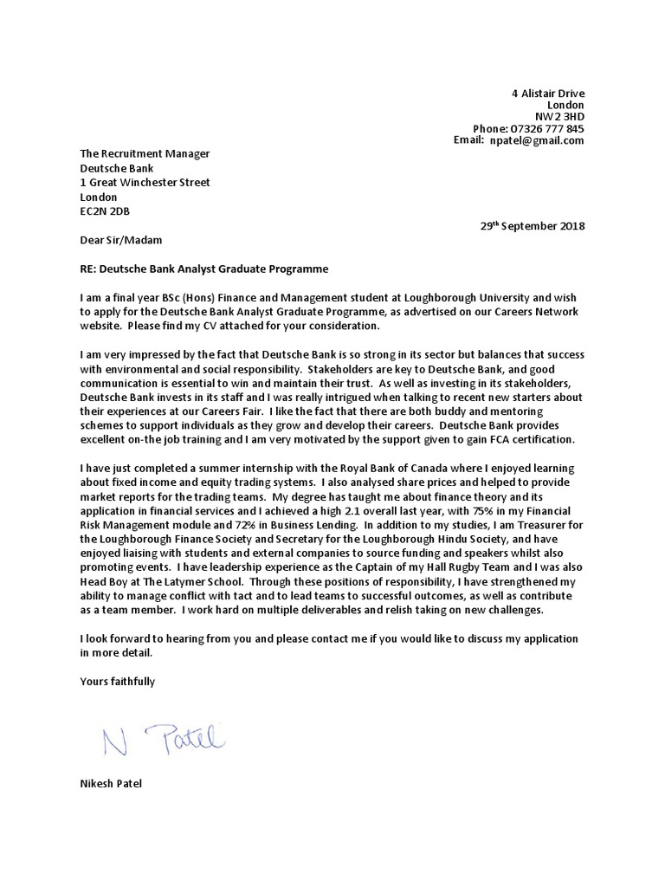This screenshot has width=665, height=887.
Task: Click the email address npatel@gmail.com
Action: pos(537,140)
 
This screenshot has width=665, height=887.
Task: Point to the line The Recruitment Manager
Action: pos(145,154)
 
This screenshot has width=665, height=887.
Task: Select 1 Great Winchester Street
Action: pos(145,183)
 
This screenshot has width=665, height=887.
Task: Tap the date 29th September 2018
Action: pos(533,226)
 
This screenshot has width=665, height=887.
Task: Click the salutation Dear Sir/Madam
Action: pos(120,240)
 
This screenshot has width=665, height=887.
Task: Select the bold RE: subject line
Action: pos(204,269)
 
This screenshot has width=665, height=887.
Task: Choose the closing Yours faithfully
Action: pos(117,682)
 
